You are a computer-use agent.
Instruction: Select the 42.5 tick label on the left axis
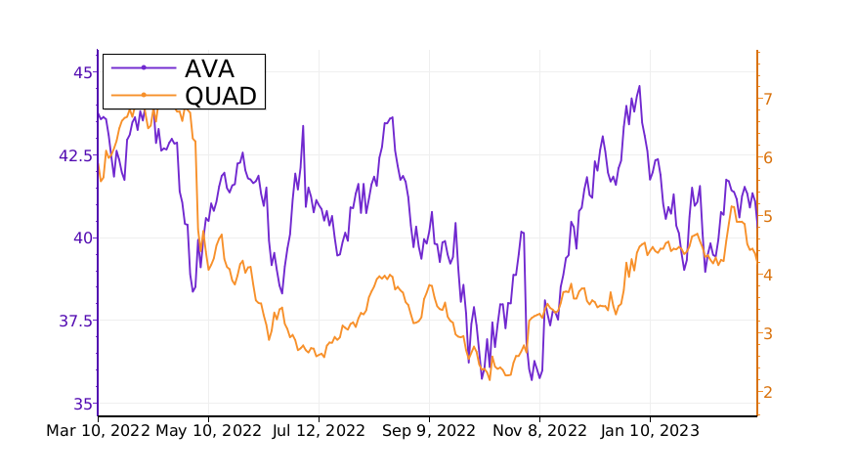(x=76, y=154)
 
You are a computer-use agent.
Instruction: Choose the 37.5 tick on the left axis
(x=76, y=321)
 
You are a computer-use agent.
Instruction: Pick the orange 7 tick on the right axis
(x=769, y=99)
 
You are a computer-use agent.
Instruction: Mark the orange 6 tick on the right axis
(x=769, y=157)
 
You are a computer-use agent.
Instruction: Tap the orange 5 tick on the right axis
(x=769, y=216)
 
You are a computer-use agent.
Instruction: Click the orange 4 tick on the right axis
(x=769, y=275)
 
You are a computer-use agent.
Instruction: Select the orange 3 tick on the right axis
(x=769, y=333)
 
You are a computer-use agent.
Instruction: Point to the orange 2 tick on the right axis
(x=769, y=392)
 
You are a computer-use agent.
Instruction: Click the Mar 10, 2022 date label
(x=98, y=430)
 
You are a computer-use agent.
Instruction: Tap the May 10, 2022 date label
(x=208, y=430)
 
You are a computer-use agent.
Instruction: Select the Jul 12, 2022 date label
(x=319, y=430)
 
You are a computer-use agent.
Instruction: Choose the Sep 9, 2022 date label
(x=429, y=430)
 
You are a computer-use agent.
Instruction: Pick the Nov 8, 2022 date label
(x=539, y=430)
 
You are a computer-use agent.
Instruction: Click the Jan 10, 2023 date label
(x=650, y=430)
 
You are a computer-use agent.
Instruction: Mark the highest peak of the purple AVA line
(x=639, y=86)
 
